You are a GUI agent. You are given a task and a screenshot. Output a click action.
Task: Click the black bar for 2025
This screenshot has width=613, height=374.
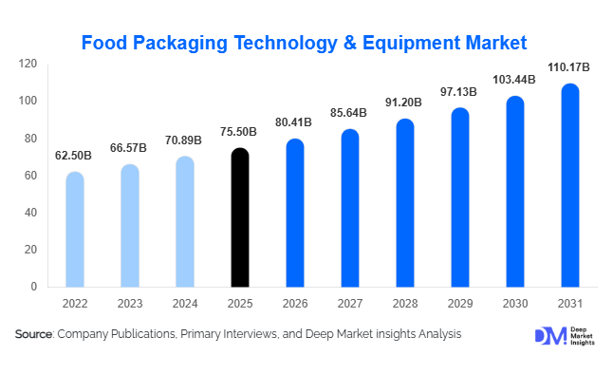click(x=241, y=217)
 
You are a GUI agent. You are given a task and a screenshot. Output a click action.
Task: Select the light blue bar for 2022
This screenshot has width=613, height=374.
click(x=74, y=229)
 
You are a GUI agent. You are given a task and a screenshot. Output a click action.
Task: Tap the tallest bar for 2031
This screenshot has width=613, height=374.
click(x=569, y=185)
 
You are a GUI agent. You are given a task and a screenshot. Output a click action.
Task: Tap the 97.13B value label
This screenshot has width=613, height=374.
click(x=459, y=93)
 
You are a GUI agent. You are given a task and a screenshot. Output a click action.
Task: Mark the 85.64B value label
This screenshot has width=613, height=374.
click(x=349, y=114)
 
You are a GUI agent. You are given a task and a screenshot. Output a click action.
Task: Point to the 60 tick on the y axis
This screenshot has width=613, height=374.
click(x=31, y=176)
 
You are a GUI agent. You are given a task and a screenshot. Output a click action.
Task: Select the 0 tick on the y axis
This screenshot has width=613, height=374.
click(x=34, y=287)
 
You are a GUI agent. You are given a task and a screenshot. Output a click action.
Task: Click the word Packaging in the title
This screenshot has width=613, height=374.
click(x=178, y=43)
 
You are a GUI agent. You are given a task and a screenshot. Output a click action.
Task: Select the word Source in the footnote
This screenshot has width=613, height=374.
click(x=34, y=334)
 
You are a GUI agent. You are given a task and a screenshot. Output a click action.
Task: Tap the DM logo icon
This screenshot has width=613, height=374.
click(x=549, y=336)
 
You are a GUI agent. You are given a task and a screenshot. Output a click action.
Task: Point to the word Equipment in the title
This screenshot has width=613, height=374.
click(x=411, y=43)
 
